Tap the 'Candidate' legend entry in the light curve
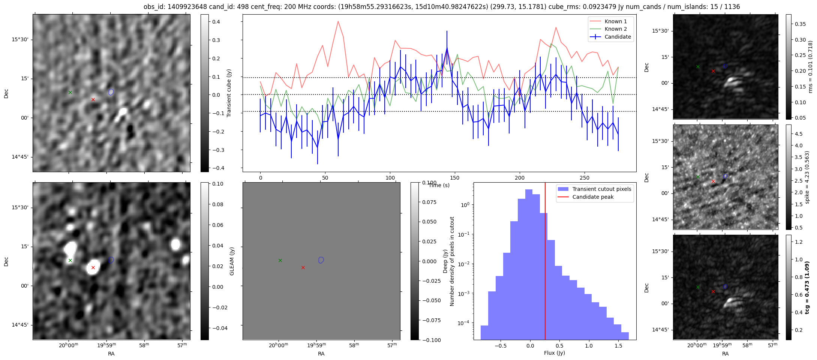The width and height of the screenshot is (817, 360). [618, 37]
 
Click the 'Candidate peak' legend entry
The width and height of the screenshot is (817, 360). [593, 197]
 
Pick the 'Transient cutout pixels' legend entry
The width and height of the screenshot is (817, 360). [601, 189]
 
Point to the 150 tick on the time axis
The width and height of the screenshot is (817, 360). [455, 178]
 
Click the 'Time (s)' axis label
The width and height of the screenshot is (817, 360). [439, 185]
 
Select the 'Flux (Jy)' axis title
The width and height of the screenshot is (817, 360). [554, 353]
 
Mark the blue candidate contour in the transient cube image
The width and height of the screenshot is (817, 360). [111, 92]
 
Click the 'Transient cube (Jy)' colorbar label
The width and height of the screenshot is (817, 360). [229, 93]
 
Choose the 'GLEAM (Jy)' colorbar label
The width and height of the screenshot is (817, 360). [232, 261]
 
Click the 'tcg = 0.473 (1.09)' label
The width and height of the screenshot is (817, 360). [807, 287]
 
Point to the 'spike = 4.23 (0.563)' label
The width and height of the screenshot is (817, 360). [807, 177]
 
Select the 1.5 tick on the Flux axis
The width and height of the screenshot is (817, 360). [619, 345]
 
